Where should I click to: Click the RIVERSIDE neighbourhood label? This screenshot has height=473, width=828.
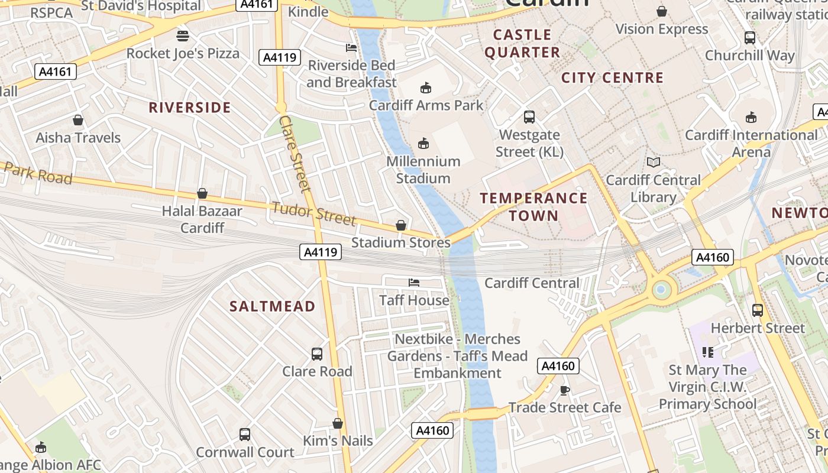[189, 108]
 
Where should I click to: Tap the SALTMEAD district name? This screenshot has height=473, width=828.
[272, 306]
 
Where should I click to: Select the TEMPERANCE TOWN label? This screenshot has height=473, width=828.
[533, 206]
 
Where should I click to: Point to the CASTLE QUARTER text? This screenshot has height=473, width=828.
[522, 44]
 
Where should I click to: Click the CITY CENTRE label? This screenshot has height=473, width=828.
[612, 77]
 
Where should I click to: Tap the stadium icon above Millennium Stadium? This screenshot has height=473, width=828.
[423, 143]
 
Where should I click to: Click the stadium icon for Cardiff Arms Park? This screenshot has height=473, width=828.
[425, 88]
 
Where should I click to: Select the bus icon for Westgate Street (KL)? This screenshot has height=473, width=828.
[529, 117]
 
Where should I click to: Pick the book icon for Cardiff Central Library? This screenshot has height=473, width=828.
[653, 162]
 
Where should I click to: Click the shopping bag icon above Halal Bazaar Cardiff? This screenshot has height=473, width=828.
[202, 193]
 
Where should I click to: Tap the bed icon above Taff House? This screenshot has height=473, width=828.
[414, 283]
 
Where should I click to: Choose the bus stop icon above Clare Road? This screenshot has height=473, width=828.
[317, 354]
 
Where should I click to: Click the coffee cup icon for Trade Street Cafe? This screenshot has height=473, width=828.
[564, 390]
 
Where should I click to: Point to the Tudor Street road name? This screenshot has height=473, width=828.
[313, 213]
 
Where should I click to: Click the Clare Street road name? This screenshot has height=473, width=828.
[295, 154]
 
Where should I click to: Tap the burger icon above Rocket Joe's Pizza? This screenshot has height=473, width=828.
[183, 35]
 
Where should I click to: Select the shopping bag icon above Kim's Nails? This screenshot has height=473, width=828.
[338, 423]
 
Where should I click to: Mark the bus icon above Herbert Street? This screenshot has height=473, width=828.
[757, 310]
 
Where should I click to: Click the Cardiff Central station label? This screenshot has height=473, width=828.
[532, 283]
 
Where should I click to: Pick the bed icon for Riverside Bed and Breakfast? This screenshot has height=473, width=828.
[351, 47]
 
